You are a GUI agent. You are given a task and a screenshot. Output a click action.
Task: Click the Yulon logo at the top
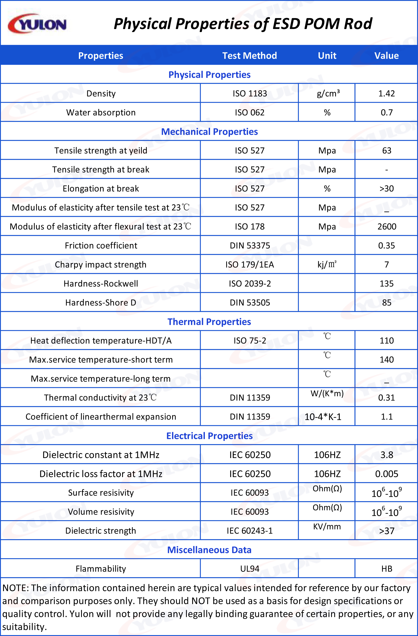[37, 24]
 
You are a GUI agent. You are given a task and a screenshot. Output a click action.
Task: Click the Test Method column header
[249, 56]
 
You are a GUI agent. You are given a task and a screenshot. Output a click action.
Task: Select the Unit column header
[327, 56]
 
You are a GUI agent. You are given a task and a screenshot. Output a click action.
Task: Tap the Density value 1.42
[386, 94]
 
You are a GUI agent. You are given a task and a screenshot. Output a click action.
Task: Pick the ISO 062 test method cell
[249, 112]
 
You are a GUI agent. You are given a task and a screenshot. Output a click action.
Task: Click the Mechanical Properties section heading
[209, 132]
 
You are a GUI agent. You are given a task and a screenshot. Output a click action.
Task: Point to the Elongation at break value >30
[386, 189]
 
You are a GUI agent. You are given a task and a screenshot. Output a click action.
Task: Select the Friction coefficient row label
[101, 246]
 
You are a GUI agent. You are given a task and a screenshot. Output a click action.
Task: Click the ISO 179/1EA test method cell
[249, 264]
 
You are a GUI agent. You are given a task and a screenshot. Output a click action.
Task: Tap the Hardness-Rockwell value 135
[386, 284]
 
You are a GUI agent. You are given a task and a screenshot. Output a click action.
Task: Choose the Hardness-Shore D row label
[101, 302]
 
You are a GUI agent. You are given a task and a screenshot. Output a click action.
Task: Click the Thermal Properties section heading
[209, 322]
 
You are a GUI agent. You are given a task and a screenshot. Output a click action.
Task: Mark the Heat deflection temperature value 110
[386, 341]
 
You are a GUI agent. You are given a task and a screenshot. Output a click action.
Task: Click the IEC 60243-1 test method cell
[249, 531]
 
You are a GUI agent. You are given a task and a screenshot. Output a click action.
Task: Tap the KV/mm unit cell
[327, 527]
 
